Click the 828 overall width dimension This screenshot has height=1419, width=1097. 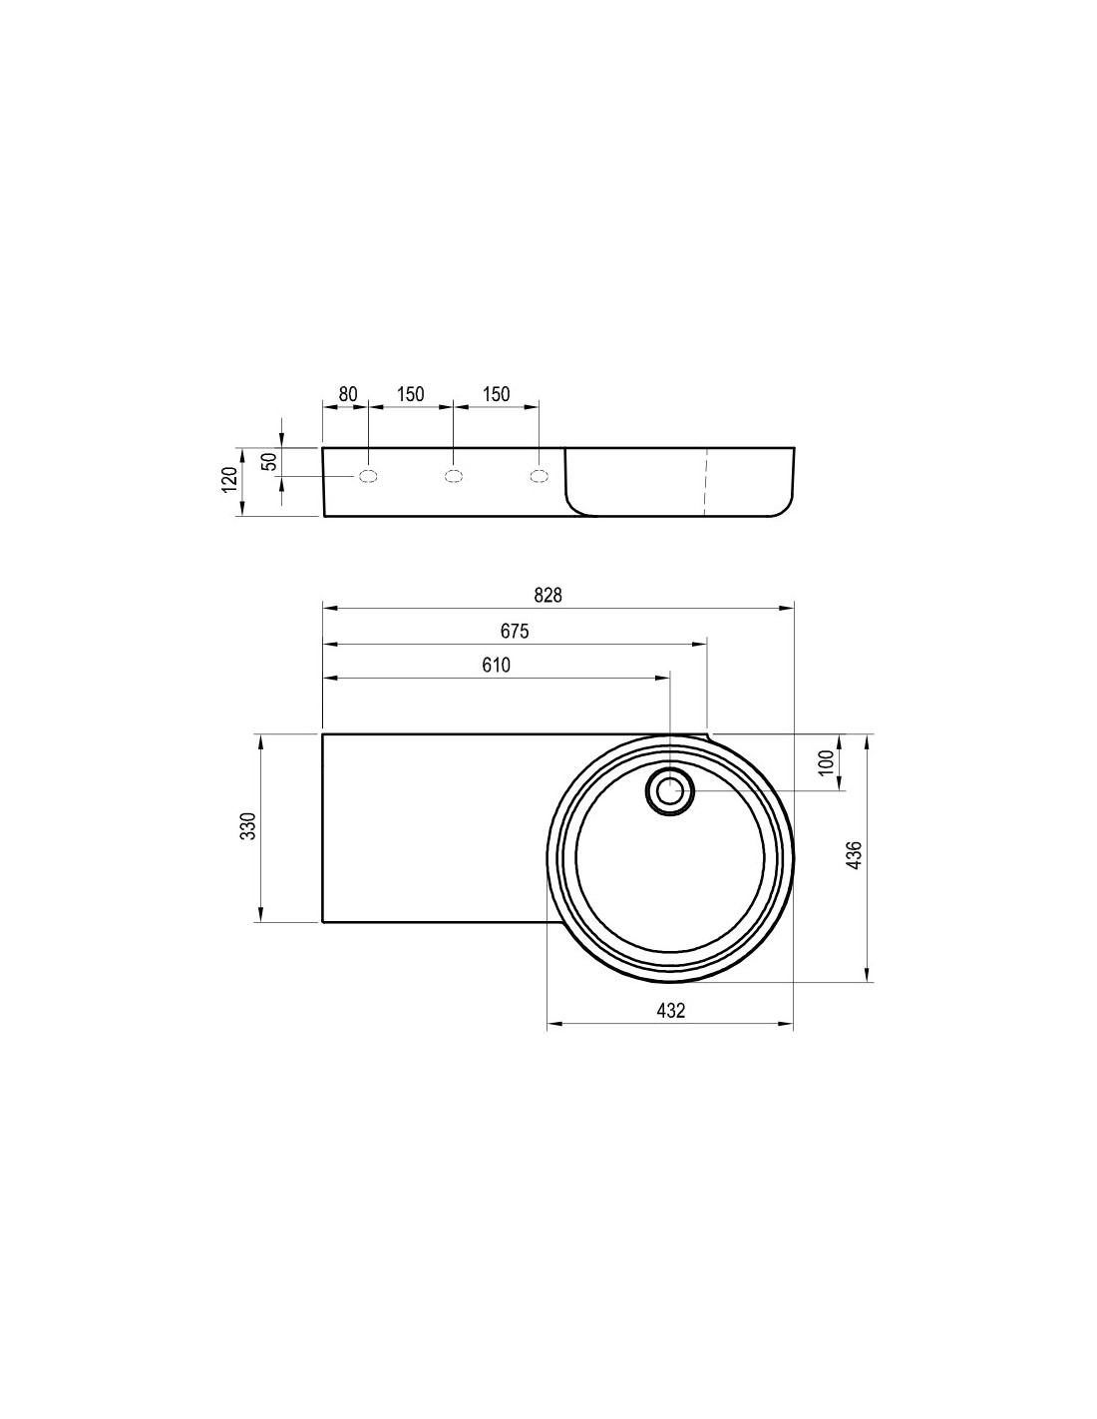pyautogui.click(x=547, y=595)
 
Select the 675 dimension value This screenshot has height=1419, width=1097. pyautogui.click(x=515, y=631)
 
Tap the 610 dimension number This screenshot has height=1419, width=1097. pyautogui.click(x=496, y=665)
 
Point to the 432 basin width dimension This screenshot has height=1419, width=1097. pyautogui.click(x=671, y=1010)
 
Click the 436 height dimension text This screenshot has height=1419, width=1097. pyautogui.click(x=854, y=855)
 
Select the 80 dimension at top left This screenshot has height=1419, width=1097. pyautogui.click(x=348, y=394)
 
